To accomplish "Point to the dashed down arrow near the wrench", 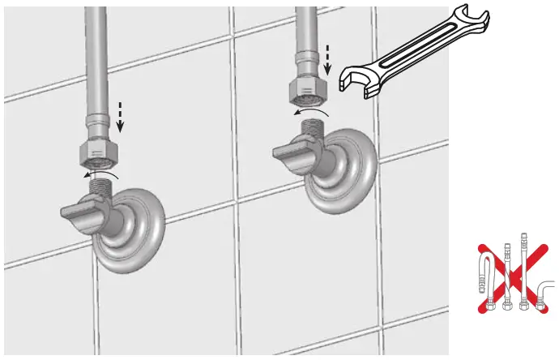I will pos(327,58).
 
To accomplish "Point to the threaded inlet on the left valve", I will pos(101,187).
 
